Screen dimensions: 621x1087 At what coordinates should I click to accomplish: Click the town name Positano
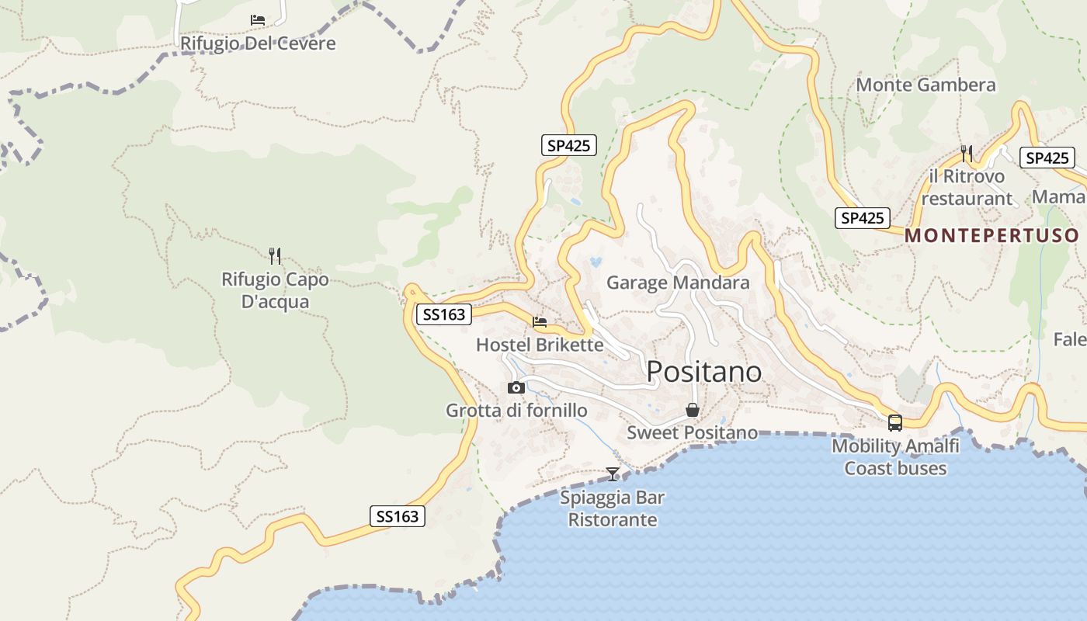click(x=703, y=372)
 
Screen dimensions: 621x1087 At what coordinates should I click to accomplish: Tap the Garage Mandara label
click(x=678, y=282)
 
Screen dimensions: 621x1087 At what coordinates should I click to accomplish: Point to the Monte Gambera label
click(x=926, y=85)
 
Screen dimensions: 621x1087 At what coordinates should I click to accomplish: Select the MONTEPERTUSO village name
click(x=991, y=235)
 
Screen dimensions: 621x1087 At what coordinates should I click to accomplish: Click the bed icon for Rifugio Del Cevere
click(x=258, y=20)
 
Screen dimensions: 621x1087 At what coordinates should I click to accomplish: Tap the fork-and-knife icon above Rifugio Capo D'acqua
click(x=274, y=255)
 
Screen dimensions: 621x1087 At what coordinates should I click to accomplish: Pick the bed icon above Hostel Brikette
click(x=540, y=321)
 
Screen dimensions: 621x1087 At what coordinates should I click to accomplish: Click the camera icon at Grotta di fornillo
click(x=516, y=387)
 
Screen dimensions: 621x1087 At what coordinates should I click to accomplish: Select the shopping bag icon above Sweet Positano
click(x=692, y=410)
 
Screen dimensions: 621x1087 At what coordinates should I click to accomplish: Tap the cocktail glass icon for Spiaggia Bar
click(x=613, y=474)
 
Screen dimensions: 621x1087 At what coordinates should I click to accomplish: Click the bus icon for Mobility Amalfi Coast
click(x=895, y=423)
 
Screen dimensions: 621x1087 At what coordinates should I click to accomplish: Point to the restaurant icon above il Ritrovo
click(x=967, y=153)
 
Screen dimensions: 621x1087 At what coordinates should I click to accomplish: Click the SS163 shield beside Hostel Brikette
click(x=444, y=314)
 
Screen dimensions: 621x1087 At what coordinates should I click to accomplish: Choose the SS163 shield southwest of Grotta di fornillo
click(x=397, y=516)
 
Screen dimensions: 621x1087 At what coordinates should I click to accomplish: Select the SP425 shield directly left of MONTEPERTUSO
click(x=862, y=218)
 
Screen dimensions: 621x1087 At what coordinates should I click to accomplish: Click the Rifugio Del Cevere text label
click(x=258, y=43)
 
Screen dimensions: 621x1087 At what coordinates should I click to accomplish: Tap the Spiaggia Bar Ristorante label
click(x=613, y=508)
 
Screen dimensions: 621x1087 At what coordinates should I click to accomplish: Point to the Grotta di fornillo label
click(x=516, y=410)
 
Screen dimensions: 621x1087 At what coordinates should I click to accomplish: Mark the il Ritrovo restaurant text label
click(x=967, y=187)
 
